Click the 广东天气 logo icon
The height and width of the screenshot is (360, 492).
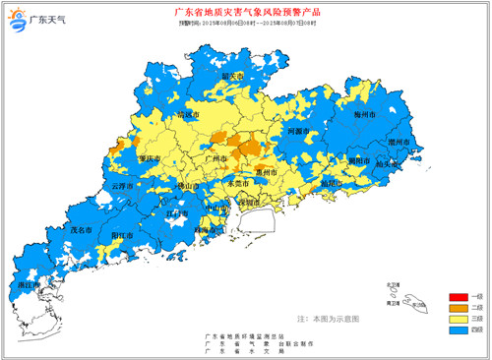pos(19,20)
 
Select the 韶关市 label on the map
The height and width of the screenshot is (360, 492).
pos(232,76)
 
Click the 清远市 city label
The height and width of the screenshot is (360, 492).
pos(187,115)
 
